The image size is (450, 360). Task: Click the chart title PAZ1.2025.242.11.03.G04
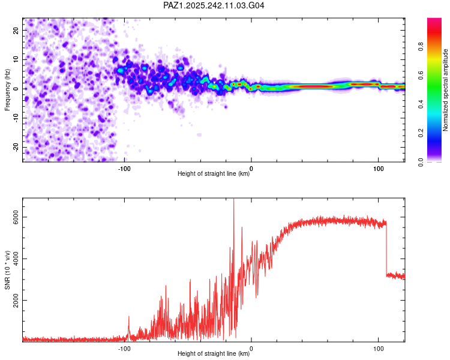(214, 5)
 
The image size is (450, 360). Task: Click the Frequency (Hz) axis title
(7, 90)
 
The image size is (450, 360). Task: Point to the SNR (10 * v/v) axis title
(7, 270)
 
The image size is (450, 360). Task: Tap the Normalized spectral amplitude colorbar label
(445, 90)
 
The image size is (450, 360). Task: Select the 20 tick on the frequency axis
(16, 30)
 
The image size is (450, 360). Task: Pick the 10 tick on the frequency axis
(16, 59)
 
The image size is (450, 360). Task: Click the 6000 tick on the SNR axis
(17, 218)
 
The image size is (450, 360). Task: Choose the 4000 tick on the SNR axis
(17, 259)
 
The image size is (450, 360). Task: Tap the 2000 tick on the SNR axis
(17, 301)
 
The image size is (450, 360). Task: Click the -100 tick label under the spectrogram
(124, 169)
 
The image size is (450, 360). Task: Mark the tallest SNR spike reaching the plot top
(233, 204)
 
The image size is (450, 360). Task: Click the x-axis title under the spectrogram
(214, 175)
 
